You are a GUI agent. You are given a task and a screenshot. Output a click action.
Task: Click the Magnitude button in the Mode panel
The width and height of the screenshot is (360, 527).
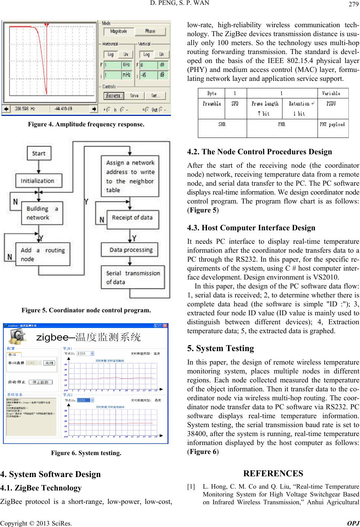(119, 31)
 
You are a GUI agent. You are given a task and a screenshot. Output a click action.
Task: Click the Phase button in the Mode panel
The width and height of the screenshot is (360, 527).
(150, 31)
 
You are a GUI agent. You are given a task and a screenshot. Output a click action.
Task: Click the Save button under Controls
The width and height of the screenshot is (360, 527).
(134, 96)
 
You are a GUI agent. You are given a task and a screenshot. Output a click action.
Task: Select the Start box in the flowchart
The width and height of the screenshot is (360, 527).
(39, 153)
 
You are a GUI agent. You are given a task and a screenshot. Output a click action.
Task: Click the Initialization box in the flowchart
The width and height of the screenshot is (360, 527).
(37, 181)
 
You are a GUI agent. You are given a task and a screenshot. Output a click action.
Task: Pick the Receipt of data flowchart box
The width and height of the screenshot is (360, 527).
(132, 218)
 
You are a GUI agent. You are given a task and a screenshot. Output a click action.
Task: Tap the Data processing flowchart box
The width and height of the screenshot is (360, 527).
(131, 250)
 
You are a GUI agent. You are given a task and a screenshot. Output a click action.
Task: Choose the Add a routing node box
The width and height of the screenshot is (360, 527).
(37, 255)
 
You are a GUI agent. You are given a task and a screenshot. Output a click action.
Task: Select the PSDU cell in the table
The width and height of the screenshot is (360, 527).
(331, 104)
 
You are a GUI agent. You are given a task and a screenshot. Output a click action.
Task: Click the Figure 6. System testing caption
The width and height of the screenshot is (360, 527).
(86, 453)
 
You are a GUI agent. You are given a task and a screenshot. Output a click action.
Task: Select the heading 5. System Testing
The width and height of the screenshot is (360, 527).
(221, 348)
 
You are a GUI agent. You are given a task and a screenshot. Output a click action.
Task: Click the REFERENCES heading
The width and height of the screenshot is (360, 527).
(273, 473)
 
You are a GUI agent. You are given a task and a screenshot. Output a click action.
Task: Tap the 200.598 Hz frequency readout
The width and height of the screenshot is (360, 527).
(25, 109)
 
